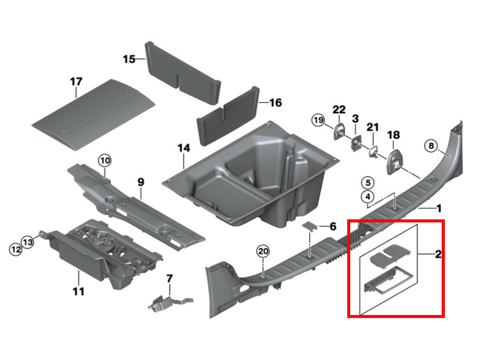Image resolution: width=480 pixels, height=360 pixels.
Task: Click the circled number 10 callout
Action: [105, 160]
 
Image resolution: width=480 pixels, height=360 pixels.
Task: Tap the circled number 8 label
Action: [431, 146]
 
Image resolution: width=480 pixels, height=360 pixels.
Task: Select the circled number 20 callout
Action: [263, 251]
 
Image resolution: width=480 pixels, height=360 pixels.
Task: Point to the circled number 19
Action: [319, 120]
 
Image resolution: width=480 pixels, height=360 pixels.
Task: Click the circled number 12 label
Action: [16, 249]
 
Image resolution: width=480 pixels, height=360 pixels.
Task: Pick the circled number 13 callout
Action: [28, 242]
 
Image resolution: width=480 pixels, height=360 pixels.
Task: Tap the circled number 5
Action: [368, 183]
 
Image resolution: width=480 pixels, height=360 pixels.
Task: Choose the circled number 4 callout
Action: [368, 197]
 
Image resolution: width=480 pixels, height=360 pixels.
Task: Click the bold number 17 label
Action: [76, 81]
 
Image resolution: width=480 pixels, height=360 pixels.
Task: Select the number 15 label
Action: [129, 59]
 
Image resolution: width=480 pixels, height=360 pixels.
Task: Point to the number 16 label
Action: [275, 102]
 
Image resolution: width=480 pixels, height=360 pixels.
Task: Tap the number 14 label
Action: [184, 148]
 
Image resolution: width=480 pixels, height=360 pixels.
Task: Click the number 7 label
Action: [169, 278]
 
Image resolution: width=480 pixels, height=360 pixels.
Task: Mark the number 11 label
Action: [78, 291]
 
